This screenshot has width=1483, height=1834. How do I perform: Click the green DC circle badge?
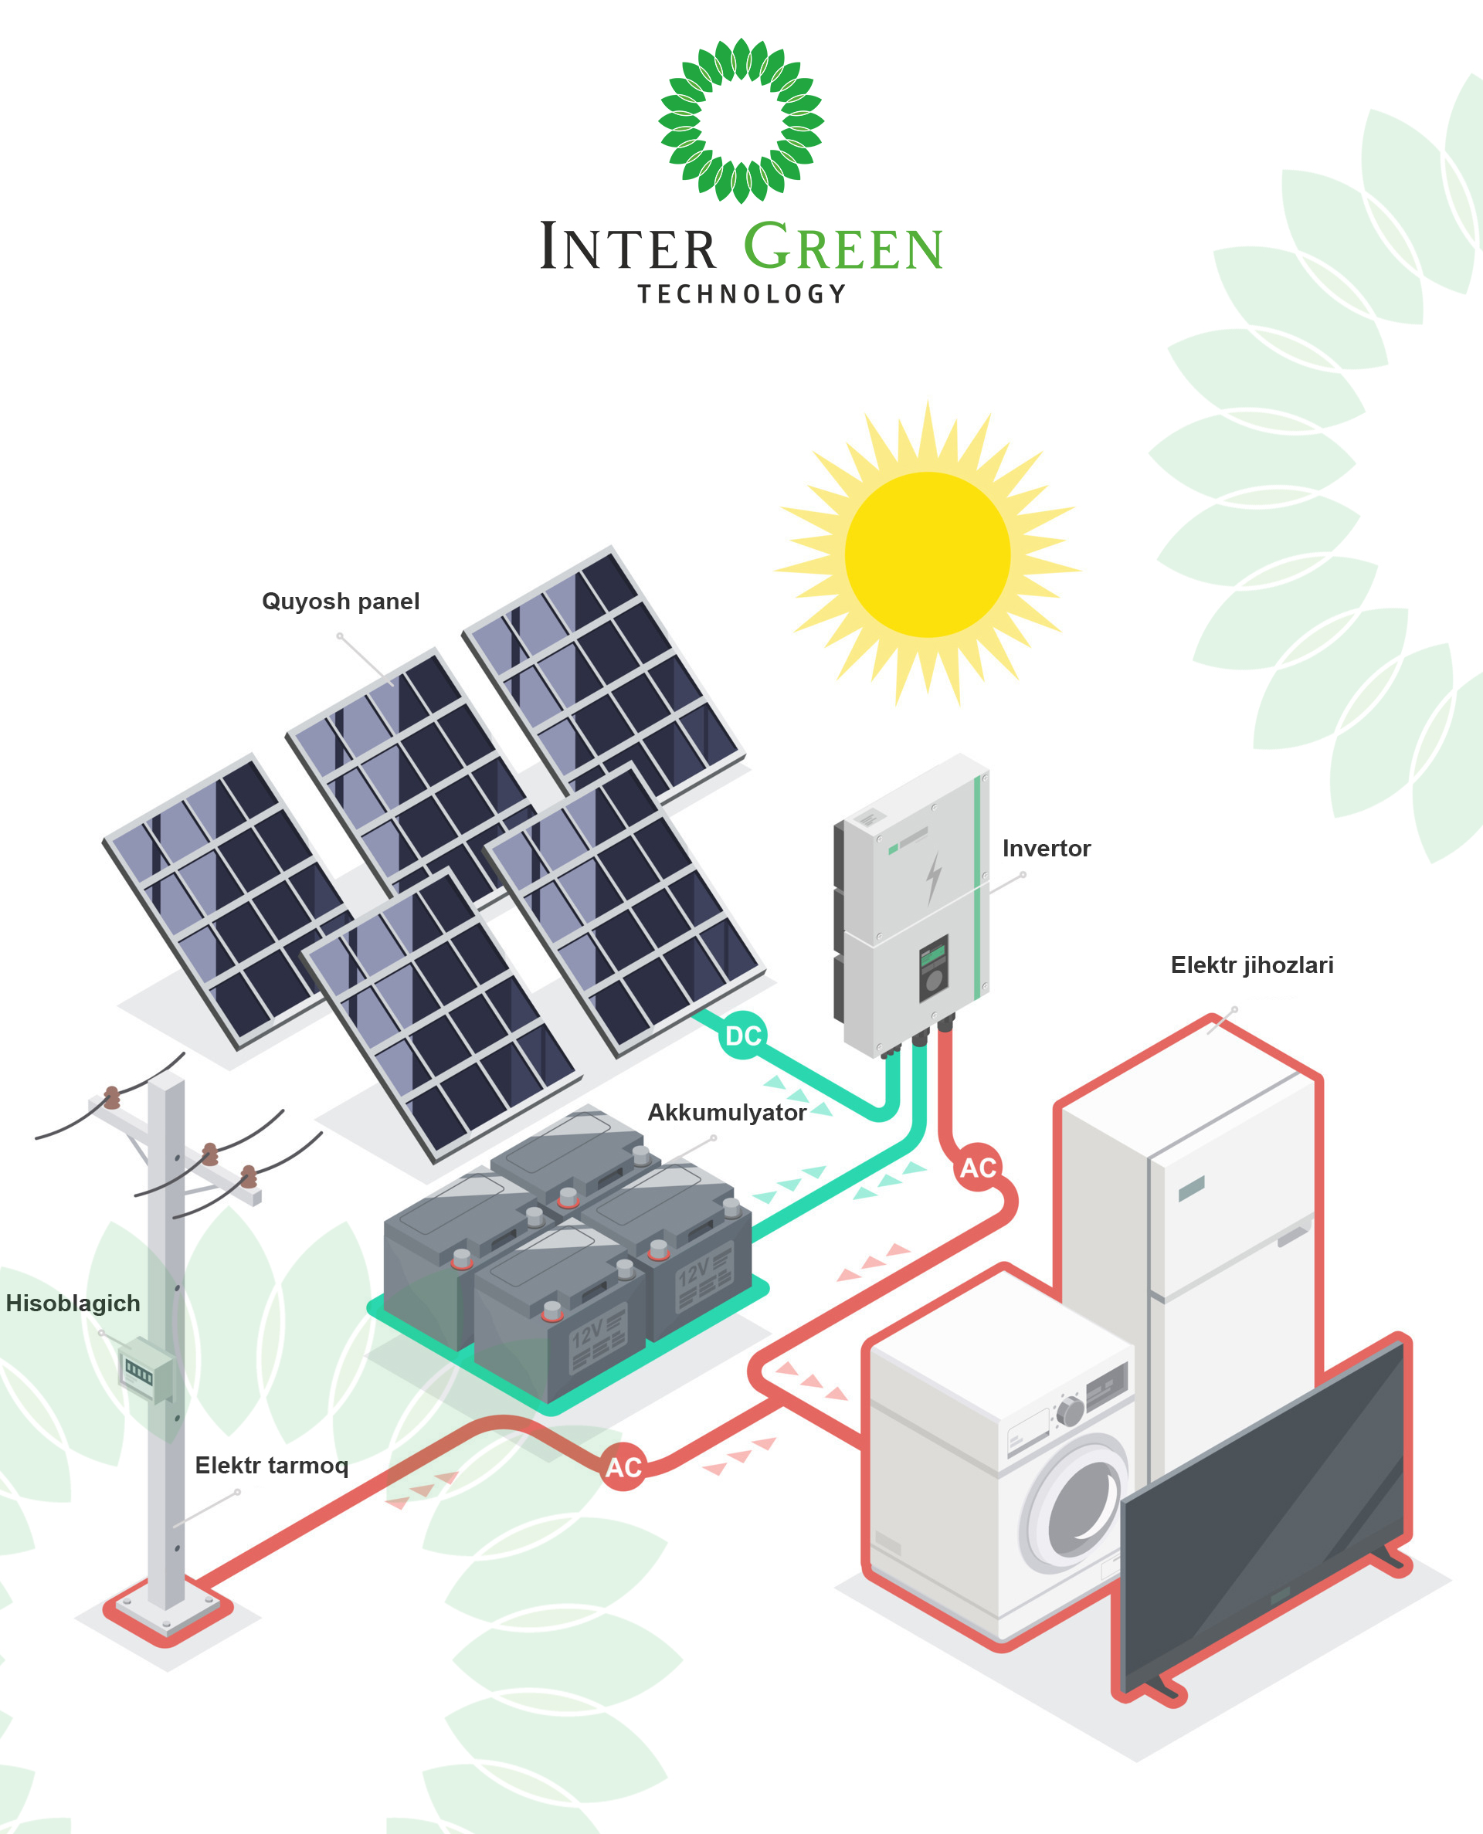742,1036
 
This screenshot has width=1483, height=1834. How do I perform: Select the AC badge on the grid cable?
623,1467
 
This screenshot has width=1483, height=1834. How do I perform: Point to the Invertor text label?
1046,848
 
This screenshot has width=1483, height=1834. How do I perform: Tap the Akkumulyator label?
726,1113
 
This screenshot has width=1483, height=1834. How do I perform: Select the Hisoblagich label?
73,1303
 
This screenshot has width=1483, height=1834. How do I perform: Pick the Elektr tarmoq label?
272,1465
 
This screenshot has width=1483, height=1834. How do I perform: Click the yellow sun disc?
927,555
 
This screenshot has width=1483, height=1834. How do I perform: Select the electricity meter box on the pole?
144,1371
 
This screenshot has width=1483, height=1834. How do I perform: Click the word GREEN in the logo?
843,248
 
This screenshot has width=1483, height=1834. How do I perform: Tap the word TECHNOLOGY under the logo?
741,294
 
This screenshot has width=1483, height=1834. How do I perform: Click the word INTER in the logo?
628,248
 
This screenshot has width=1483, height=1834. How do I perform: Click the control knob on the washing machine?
1071,1412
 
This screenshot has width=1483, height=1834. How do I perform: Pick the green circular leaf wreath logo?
741,120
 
